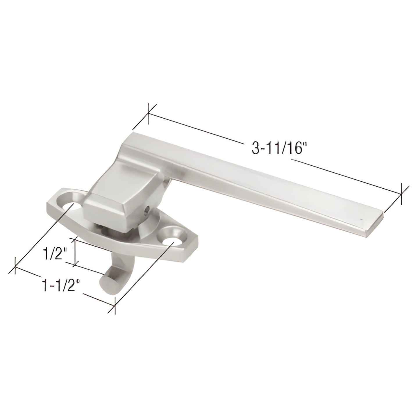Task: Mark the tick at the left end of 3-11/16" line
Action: click(x=149, y=114)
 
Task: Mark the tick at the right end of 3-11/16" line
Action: click(x=402, y=194)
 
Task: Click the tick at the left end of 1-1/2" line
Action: click(x=15, y=266)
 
